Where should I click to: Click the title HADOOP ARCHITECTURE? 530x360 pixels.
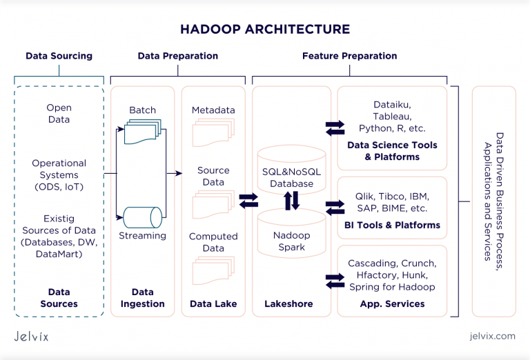pos(265,29)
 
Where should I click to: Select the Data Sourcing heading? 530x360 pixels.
pos(59,56)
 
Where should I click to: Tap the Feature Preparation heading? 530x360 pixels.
pos(349,56)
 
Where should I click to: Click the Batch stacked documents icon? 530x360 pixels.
pos(142,132)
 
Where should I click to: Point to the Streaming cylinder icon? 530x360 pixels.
pos(142,217)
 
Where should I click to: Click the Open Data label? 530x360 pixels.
pos(59,114)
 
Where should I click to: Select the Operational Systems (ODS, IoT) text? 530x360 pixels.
pos(59,175)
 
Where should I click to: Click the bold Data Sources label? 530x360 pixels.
pos(59,298)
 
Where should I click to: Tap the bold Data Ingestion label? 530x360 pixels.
pos(143,298)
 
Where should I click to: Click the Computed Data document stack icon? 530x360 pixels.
pos(213,270)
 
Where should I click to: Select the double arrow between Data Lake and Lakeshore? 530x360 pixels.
pos(248,201)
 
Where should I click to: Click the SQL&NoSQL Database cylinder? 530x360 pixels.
pos(291,169)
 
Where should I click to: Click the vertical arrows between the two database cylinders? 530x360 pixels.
pos(292,201)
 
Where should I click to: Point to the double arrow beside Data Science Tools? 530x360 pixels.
pos(335,128)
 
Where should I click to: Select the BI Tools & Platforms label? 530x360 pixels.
pos(392,225)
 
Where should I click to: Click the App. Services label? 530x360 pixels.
pos(392,303)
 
